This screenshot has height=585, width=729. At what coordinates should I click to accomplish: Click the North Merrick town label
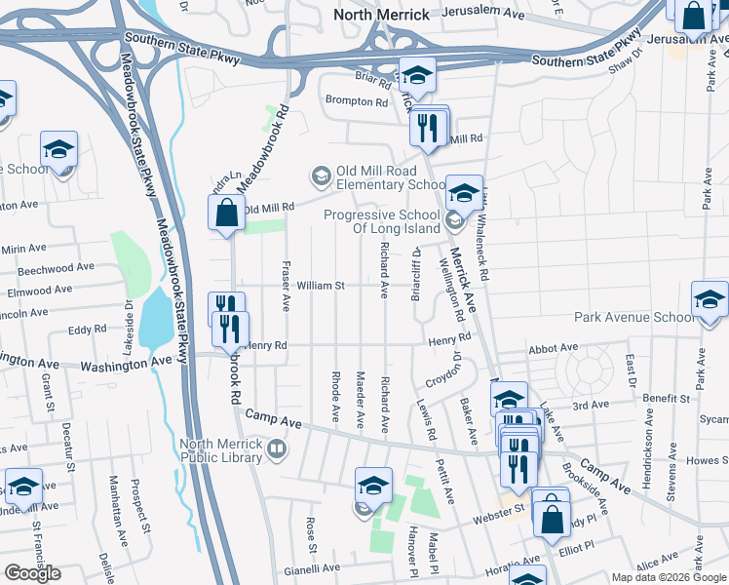pos(381,15)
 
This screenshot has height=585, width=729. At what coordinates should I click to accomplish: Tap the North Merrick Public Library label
pos(221,450)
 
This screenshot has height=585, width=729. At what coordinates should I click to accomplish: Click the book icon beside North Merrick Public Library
pos(278,449)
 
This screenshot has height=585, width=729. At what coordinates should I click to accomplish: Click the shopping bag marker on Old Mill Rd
pos(226,213)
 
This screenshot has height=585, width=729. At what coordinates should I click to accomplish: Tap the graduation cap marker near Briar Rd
pos(417,76)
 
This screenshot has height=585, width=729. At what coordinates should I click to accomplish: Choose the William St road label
pos(322,286)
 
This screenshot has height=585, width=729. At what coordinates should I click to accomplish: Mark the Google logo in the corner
pos(32,573)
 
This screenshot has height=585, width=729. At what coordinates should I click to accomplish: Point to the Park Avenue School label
pos(634,317)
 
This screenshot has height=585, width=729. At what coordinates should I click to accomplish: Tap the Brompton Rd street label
pos(356,101)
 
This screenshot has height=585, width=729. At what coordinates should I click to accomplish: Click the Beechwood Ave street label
pos(58,267)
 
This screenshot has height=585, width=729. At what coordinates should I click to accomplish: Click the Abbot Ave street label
pos(553,348)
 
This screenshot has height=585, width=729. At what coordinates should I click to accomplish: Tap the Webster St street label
pos(506,508)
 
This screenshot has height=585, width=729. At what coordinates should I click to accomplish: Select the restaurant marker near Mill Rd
pos(429,128)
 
